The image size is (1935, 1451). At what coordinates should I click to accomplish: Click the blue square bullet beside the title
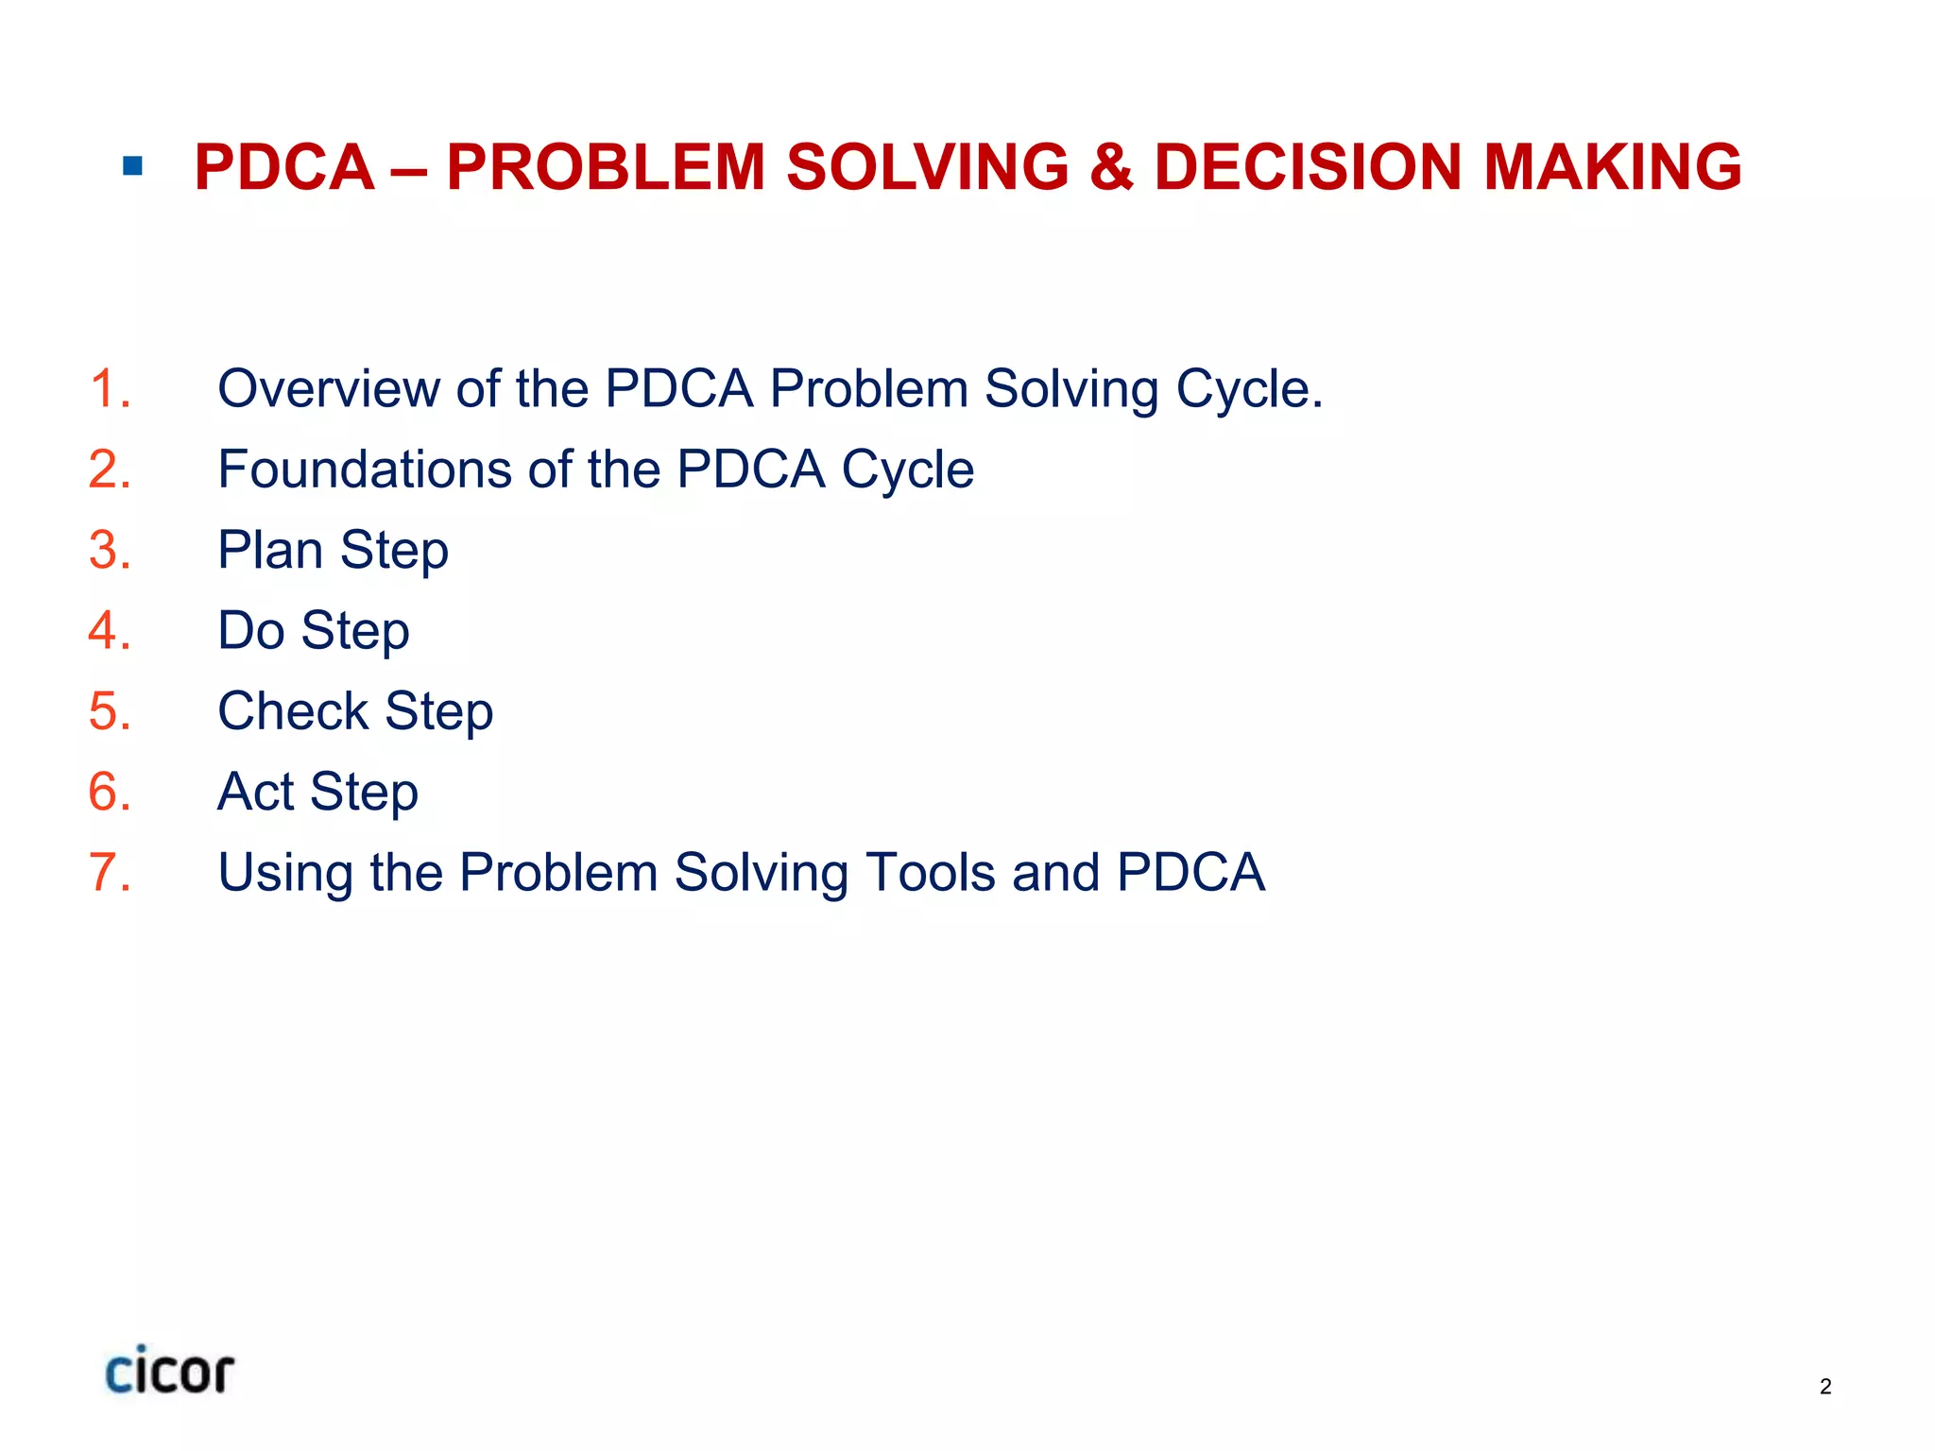click(132, 167)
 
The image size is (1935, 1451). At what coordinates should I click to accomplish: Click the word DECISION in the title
click(1308, 167)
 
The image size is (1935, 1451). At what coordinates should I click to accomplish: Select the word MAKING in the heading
click(1612, 167)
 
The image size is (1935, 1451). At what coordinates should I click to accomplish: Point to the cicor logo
click(169, 1371)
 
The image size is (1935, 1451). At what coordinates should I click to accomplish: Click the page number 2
click(1825, 1387)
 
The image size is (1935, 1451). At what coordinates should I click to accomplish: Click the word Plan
click(270, 550)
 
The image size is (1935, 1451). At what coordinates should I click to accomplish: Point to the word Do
click(251, 630)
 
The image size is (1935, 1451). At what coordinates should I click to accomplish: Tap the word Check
click(293, 710)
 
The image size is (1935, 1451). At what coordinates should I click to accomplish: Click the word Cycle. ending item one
click(1249, 388)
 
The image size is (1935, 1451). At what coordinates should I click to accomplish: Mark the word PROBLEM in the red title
click(606, 167)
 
